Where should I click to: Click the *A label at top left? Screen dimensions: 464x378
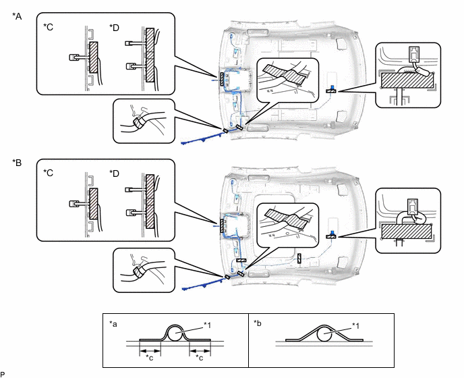pyautogui.click(x=17, y=16)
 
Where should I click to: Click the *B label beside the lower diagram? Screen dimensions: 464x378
pyautogui.click(x=17, y=163)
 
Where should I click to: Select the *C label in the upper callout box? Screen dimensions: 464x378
pyautogui.click(x=49, y=27)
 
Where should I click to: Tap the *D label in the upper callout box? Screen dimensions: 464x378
pyautogui.click(x=114, y=28)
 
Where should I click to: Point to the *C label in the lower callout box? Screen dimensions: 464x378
pyautogui.click(x=49, y=173)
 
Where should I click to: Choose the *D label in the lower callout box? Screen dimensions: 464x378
pyautogui.click(x=114, y=173)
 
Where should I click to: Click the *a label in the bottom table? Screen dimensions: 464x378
pyautogui.click(x=113, y=324)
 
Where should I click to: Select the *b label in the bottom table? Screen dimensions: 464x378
pyautogui.click(x=258, y=323)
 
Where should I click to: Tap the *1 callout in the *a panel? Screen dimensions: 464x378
pyautogui.click(x=208, y=325)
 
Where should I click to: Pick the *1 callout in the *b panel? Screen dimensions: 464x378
pyautogui.click(x=355, y=326)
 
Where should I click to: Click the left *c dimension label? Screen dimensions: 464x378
pyautogui.click(x=150, y=358)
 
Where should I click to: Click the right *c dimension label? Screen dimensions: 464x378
pyautogui.click(x=200, y=358)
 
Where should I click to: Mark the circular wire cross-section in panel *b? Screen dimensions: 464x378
pyautogui.click(x=324, y=335)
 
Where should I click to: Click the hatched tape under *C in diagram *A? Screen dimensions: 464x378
pyautogui.click(x=94, y=57)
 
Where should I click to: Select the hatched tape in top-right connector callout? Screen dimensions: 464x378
pyautogui.click(x=407, y=80)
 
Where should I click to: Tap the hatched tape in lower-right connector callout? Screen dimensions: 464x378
pyautogui.click(x=407, y=232)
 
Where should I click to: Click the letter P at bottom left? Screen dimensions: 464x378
pyautogui.click(x=3, y=375)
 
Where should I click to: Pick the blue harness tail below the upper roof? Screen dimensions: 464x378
pyautogui.click(x=202, y=138)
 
